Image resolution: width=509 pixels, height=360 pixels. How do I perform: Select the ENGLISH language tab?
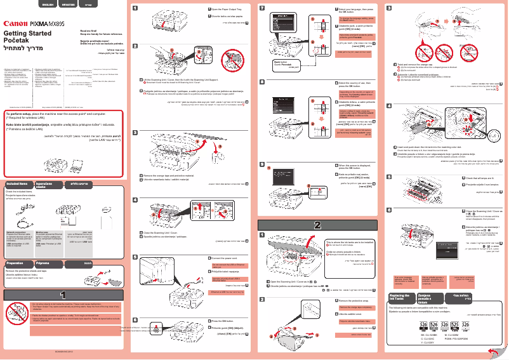pos(48,4)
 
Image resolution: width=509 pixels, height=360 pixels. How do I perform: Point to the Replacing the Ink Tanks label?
pos(400,298)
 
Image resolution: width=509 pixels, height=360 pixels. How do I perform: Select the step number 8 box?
pos(263,83)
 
